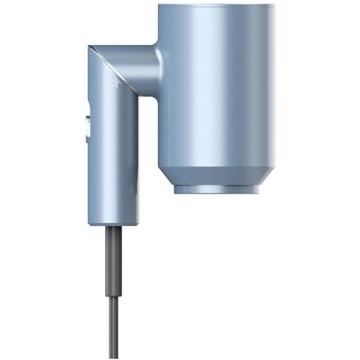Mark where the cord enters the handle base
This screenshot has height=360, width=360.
point(113,227)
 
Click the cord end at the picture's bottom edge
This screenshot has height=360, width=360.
point(113,357)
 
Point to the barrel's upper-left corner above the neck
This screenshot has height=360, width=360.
point(160,7)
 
